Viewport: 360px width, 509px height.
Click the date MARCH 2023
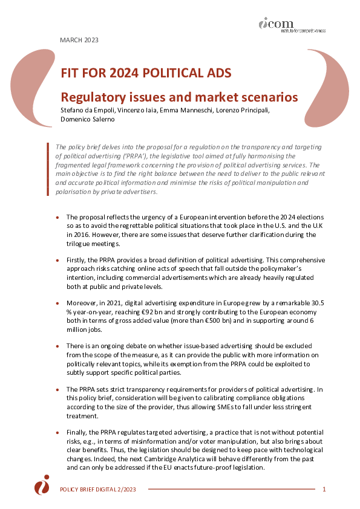click(79, 40)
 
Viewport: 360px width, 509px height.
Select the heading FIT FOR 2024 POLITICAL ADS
click(145, 74)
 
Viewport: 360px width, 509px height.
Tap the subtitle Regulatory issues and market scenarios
click(178, 97)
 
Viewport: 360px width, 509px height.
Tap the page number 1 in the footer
click(324, 488)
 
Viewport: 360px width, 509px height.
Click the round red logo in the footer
click(42, 485)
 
